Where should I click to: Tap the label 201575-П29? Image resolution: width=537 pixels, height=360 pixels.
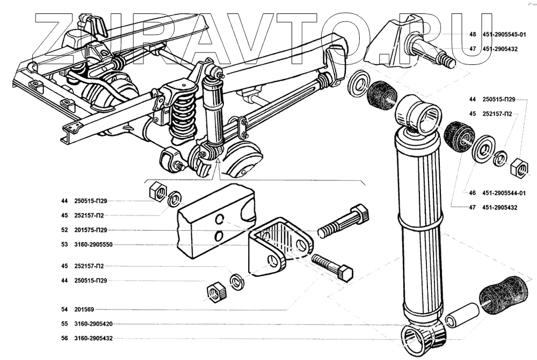pos(91,230)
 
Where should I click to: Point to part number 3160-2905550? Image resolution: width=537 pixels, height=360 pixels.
pos(93,245)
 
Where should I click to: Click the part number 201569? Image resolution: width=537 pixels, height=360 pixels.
pos(84,310)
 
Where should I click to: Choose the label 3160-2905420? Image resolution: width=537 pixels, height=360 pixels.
pos(93,324)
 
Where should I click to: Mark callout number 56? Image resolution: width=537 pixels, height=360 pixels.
pos(65,339)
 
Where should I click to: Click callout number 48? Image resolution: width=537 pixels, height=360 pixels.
pos(473,34)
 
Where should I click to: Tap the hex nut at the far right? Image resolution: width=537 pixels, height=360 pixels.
pos(519,168)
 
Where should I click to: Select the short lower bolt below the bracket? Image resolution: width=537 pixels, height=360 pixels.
pos(332,268)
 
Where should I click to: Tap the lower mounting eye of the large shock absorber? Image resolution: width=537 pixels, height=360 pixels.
pos(423,339)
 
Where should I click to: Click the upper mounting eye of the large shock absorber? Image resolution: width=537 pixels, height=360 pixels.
pos(419,115)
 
